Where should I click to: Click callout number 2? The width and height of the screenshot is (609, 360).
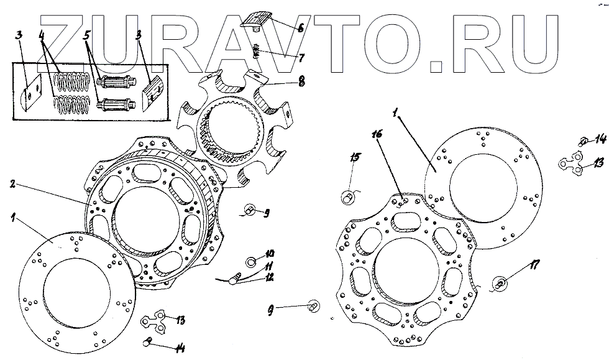13,184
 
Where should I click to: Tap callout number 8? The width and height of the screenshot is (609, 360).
301,81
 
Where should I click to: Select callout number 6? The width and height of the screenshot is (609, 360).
300,28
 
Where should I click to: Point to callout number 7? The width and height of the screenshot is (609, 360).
301,58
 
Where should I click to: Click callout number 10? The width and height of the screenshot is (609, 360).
270,254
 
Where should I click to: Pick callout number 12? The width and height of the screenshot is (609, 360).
269,277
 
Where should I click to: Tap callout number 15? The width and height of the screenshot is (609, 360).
355,157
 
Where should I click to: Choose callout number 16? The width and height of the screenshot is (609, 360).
377,134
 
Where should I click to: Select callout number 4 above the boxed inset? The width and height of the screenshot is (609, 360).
42,35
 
